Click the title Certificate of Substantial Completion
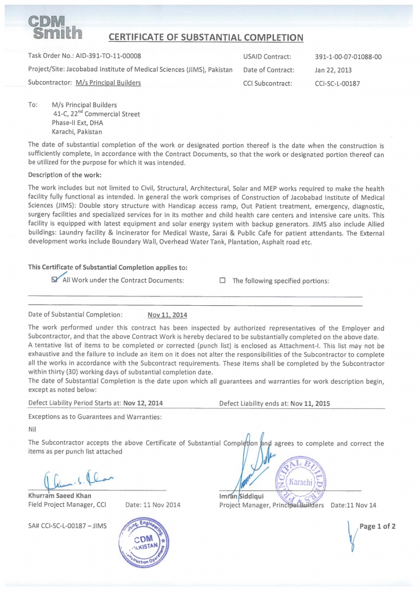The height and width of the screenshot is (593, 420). point(206,38)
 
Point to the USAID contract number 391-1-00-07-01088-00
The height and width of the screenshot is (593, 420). point(348,57)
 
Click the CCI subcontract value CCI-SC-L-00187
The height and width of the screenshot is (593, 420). point(337,83)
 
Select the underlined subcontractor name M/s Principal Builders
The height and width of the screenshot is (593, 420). point(108,83)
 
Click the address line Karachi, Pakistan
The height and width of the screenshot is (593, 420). point(76,132)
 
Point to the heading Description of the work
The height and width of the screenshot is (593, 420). point(65,174)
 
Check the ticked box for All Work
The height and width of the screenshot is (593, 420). point(55,280)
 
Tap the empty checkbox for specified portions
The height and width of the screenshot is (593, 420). point(222,281)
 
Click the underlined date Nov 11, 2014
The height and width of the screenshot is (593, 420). point(167,315)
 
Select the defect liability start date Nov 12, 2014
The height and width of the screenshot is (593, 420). point(138,403)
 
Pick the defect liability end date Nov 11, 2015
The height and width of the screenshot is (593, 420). point(310,403)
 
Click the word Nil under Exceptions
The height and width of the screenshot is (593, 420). point(32,429)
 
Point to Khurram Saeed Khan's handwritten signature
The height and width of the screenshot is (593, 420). point(72,479)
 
